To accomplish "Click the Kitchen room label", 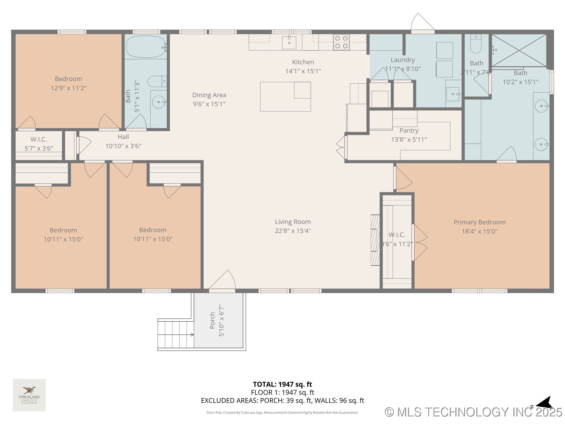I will (303, 62).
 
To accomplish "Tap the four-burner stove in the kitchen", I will (341, 42).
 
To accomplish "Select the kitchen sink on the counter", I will (289, 42).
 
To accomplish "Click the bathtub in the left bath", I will (146, 47).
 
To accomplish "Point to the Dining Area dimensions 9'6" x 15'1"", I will (209, 104).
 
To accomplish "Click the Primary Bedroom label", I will (479, 222).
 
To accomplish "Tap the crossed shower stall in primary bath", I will (519, 50).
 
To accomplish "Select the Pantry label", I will (409, 130).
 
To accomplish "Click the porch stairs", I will (176, 334).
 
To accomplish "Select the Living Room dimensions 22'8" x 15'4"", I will (293, 231).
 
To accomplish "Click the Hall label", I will (123, 137).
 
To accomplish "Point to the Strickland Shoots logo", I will (29, 395).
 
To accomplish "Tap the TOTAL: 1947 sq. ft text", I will (282, 384).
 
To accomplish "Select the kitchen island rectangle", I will (285, 97).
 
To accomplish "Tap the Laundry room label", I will (403, 60).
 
